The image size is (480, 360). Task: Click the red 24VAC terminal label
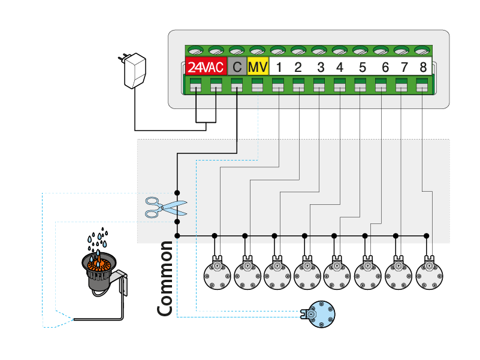coord(206,66)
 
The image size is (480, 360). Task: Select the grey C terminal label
coord(237,66)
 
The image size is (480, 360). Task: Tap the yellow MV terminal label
coord(257,66)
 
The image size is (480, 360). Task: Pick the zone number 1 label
coord(279,66)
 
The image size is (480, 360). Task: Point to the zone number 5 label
coord(362,66)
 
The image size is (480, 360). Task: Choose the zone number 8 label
coord(423,66)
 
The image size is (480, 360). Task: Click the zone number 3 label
coord(321,66)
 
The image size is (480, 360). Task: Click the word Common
coord(165,279)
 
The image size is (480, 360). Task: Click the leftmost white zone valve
coord(216,275)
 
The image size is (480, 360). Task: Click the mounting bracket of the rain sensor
coord(122,284)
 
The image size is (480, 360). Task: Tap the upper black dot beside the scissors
coord(177,192)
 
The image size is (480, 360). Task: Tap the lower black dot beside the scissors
coord(177,222)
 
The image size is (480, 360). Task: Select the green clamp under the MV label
coord(257,86)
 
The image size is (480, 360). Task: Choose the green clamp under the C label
coord(237,86)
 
